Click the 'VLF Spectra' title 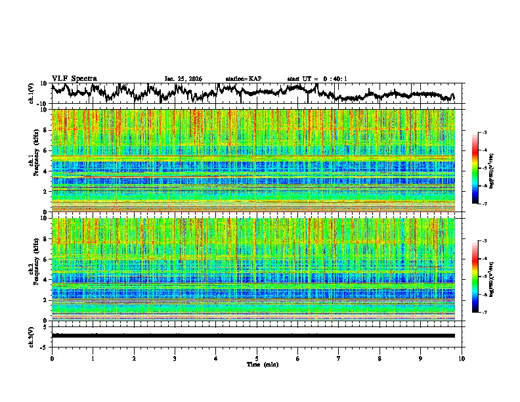(74, 78)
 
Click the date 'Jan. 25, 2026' (183, 79)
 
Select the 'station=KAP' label (243, 79)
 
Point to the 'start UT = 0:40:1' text (317, 79)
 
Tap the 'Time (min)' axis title (257, 364)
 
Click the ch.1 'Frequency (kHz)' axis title (38, 160)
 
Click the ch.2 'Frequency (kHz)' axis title (38, 269)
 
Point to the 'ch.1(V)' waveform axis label (32, 93)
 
